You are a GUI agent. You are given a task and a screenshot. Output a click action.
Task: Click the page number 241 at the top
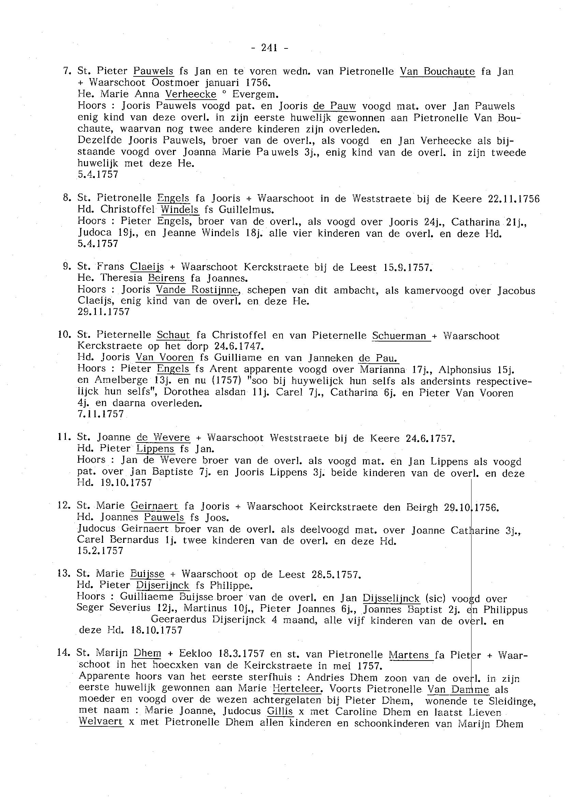[269, 48]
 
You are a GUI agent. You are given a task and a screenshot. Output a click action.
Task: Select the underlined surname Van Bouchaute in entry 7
[437, 71]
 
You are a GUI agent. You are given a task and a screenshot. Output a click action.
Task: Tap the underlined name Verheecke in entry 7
[191, 94]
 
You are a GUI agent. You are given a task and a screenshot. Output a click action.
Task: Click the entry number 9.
[67, 267]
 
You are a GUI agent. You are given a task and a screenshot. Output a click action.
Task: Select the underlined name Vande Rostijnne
[198, 289]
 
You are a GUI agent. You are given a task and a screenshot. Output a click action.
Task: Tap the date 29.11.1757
[104, 312]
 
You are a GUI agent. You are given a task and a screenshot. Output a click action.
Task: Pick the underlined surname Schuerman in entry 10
[399, 336]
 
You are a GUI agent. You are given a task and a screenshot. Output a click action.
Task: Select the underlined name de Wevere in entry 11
[163, 437]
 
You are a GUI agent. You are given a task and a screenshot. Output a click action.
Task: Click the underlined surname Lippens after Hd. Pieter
[155, 449]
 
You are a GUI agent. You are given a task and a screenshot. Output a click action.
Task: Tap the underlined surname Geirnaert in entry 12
[154, 506]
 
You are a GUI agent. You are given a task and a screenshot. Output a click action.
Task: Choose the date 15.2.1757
[101, 551]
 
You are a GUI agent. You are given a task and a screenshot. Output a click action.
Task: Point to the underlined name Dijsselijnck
[391, 598]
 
